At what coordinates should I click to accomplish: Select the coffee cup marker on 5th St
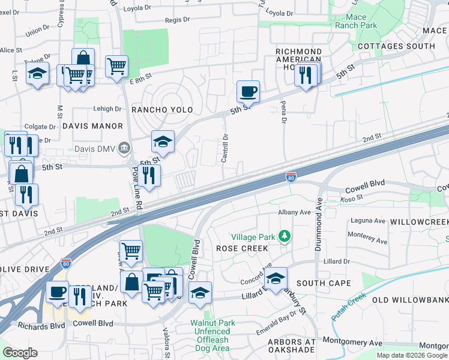(248, 92)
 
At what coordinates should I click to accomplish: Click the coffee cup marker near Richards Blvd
(58, 292)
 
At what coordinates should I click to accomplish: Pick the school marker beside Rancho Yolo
(163, 142)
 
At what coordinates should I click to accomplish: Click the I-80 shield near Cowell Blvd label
(290, 176)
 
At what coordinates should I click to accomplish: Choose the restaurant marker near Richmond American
(306, 75)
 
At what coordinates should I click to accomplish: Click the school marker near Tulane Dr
(38, 74)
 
